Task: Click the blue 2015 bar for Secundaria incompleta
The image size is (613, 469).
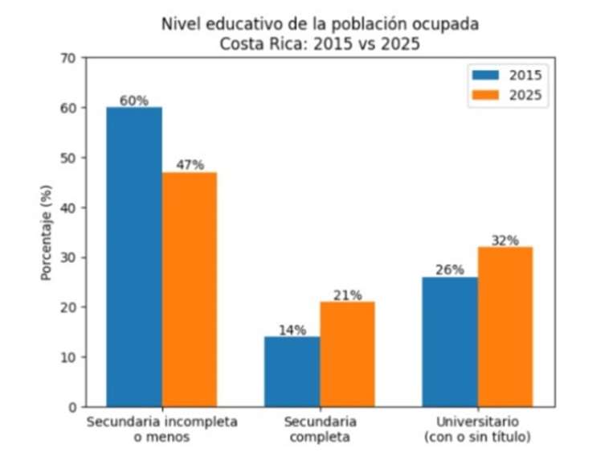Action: pyautogui.click(x=134, y=257)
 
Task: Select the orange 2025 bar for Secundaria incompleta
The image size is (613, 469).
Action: pyautogui.click(x=189, y=289)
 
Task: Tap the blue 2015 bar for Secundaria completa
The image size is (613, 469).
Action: pyautogui.click(x=292, y=371)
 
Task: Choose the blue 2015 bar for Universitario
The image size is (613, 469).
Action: pyautogui.click(x=450, y=341)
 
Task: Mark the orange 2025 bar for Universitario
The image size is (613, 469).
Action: pyautogui.click(x=505, y=327)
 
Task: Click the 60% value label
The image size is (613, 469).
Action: pyautogui.click(x=134, y=101)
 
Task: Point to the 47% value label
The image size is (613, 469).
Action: pyautogui.click(x=190, y=165)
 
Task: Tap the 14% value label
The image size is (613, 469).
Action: pyautogui.click(x=292, y=330)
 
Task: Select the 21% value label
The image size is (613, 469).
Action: pyautogui.click(x=347, y=295)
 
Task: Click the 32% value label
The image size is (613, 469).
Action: pyautogui.click(x=505, y=241)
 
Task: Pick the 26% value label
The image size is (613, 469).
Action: pyautogui.click(x=450, y=270)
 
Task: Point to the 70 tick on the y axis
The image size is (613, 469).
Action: pyautogui.click(x=68, y=58)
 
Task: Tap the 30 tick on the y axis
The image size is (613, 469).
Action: pyautogui.click(x=68, y=257)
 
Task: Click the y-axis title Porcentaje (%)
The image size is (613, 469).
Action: pyautogui.click(x=46, y=232)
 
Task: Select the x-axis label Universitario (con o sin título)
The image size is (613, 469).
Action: pyautogui.click(x=477, y=430)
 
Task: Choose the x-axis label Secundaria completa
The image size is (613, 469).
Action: pyautogui.click(x=320, y=430)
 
